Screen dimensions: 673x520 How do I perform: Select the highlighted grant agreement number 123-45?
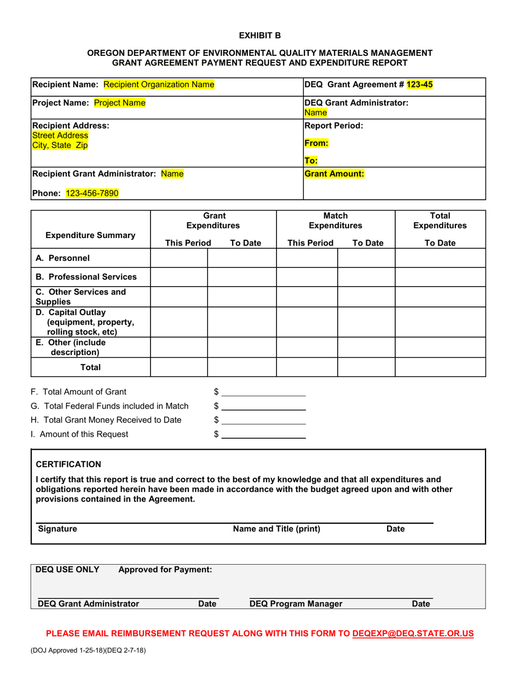pos(419,84)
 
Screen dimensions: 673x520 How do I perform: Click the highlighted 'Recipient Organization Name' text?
pos(159,84)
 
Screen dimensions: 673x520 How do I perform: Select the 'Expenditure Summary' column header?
pos(90,235)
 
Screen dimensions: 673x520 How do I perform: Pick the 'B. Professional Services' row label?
pos(86,276)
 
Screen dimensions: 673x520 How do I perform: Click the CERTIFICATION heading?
pos(68,465)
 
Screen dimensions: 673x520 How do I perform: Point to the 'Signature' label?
pos(57,529)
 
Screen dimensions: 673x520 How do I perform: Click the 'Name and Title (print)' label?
pos(276,529)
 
